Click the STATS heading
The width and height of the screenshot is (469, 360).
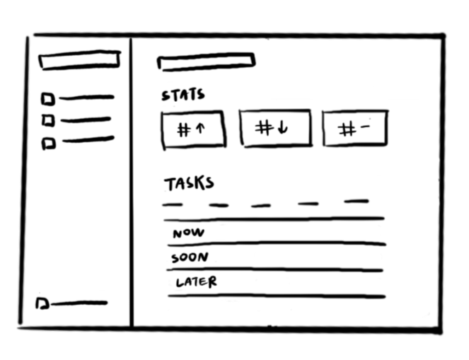[x=183, y=95]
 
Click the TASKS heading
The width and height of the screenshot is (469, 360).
[x=188, y=183]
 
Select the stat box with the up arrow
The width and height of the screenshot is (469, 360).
[x=194, y=130]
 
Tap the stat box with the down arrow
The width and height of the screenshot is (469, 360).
[x=275, y=128]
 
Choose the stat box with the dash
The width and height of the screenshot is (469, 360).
[x=354, y=128]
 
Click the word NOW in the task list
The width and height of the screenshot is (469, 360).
[x=188, y=233]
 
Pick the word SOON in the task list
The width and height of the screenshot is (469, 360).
[x=190, y=257]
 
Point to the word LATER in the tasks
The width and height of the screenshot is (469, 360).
[x=196, y=281]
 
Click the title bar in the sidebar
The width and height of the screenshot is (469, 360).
[x=79, y=61]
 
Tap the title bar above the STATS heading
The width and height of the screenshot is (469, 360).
[x=205, y=62]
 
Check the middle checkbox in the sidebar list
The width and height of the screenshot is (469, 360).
[x=48, y=120]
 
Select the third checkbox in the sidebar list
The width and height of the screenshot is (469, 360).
[x=48, y=143]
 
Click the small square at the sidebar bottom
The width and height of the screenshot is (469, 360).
[x=42, y=303]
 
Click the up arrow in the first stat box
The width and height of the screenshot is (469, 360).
[x=200, y=129]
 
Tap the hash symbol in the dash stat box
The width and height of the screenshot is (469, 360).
[x=347, y=129]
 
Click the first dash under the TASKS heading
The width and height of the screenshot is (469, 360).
[x=173, y=206]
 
